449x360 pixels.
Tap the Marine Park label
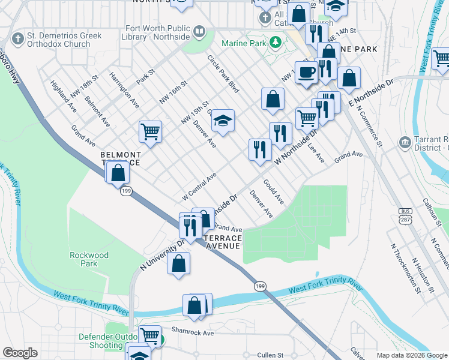[244, 43]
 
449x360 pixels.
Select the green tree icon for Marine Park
[276, 42]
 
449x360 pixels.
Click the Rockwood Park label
[89, 259]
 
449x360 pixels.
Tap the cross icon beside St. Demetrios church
[19, 40]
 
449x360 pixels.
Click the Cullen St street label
[270, 355]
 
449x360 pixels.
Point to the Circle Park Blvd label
[223, 74]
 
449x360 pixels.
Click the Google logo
[20, 353]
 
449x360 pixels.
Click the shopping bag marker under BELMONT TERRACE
[119, 173]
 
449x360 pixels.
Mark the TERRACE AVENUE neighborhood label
[223, 242]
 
